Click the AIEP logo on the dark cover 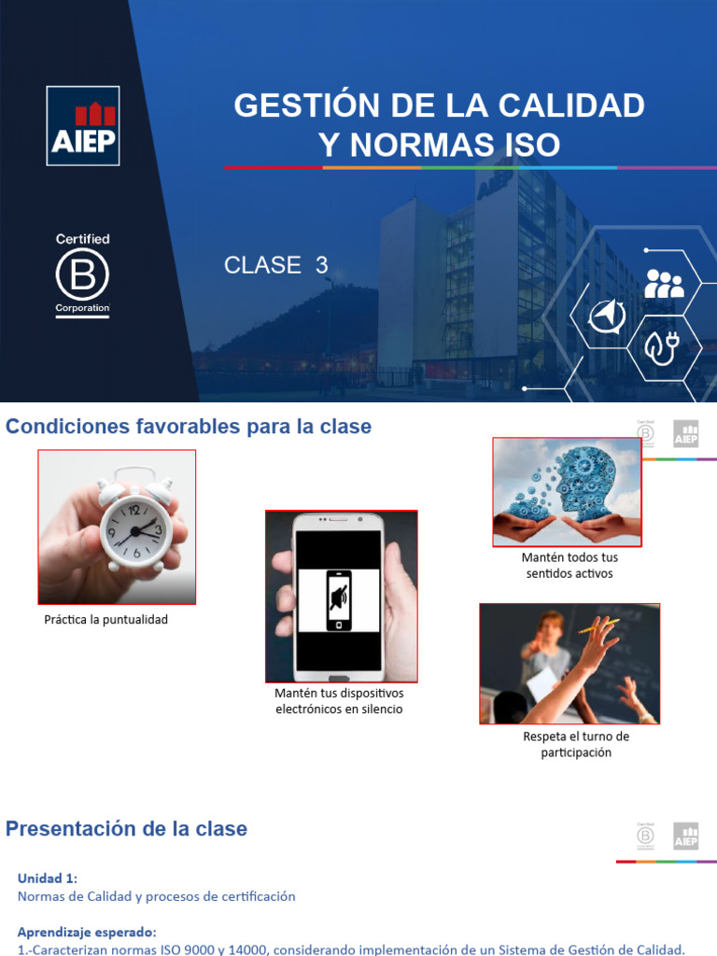[x=83, y=126]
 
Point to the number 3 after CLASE [x=322, y=265]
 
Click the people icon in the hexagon [x=664, y=284]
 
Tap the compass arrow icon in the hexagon [x=607, y=317]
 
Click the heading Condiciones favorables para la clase [x=189, y=427]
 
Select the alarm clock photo [x=117, y=527]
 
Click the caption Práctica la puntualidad [x=106, y=620]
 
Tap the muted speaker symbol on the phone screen [x=338, y=597]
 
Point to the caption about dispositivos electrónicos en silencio [x=339, y=701]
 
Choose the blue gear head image [x=567, y=491]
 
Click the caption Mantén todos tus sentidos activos [x=569, y=565]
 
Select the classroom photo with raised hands [x=569, y=663]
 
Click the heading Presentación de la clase [x=127, y=829]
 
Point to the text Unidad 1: [x=48, y=879]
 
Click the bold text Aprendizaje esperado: [x=87, y=932]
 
